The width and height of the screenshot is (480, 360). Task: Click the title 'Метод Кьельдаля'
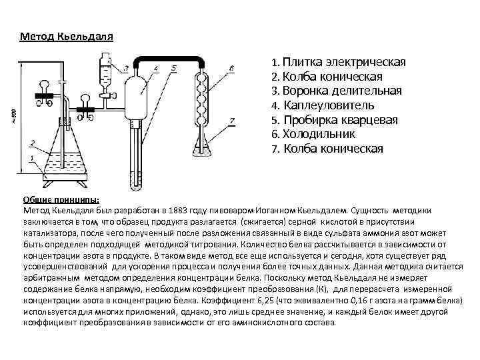point(67,35)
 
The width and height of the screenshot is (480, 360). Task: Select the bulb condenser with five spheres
point(201,100)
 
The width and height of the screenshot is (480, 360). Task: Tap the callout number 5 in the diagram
point(173,68)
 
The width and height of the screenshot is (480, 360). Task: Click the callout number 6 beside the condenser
point(230,68)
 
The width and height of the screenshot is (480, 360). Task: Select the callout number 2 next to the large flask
point(31,143)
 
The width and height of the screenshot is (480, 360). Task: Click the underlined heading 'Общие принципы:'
point(61,199)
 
